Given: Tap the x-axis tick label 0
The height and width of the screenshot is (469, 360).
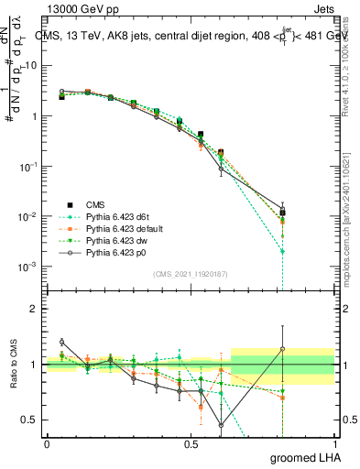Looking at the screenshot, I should click(47, 443).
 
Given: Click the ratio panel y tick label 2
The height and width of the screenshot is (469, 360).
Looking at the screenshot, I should click(34, 309).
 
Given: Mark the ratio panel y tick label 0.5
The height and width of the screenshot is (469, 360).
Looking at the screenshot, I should click(29, 420).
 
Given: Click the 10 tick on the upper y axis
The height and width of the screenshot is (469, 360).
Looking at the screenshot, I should click(30, 66).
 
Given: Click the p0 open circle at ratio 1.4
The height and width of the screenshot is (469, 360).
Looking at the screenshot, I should click(62, 342).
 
